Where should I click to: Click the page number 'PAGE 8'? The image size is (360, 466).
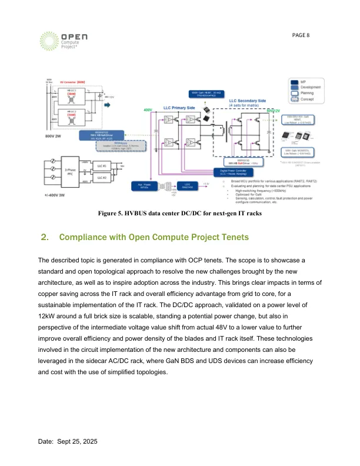(302, 35)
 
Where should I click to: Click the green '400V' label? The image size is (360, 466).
(148, 110)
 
